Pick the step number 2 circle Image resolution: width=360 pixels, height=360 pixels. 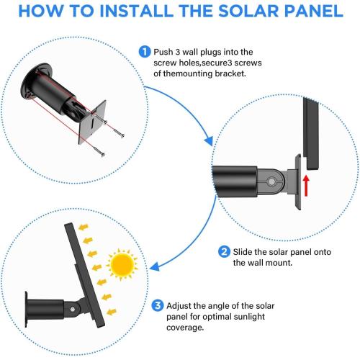(x=225, y=251)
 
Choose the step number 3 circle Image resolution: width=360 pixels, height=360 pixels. (x=156, y=304)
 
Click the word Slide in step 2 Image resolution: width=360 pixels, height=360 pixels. (x=244, y=251)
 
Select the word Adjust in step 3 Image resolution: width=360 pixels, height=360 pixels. (x=179, y=304)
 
